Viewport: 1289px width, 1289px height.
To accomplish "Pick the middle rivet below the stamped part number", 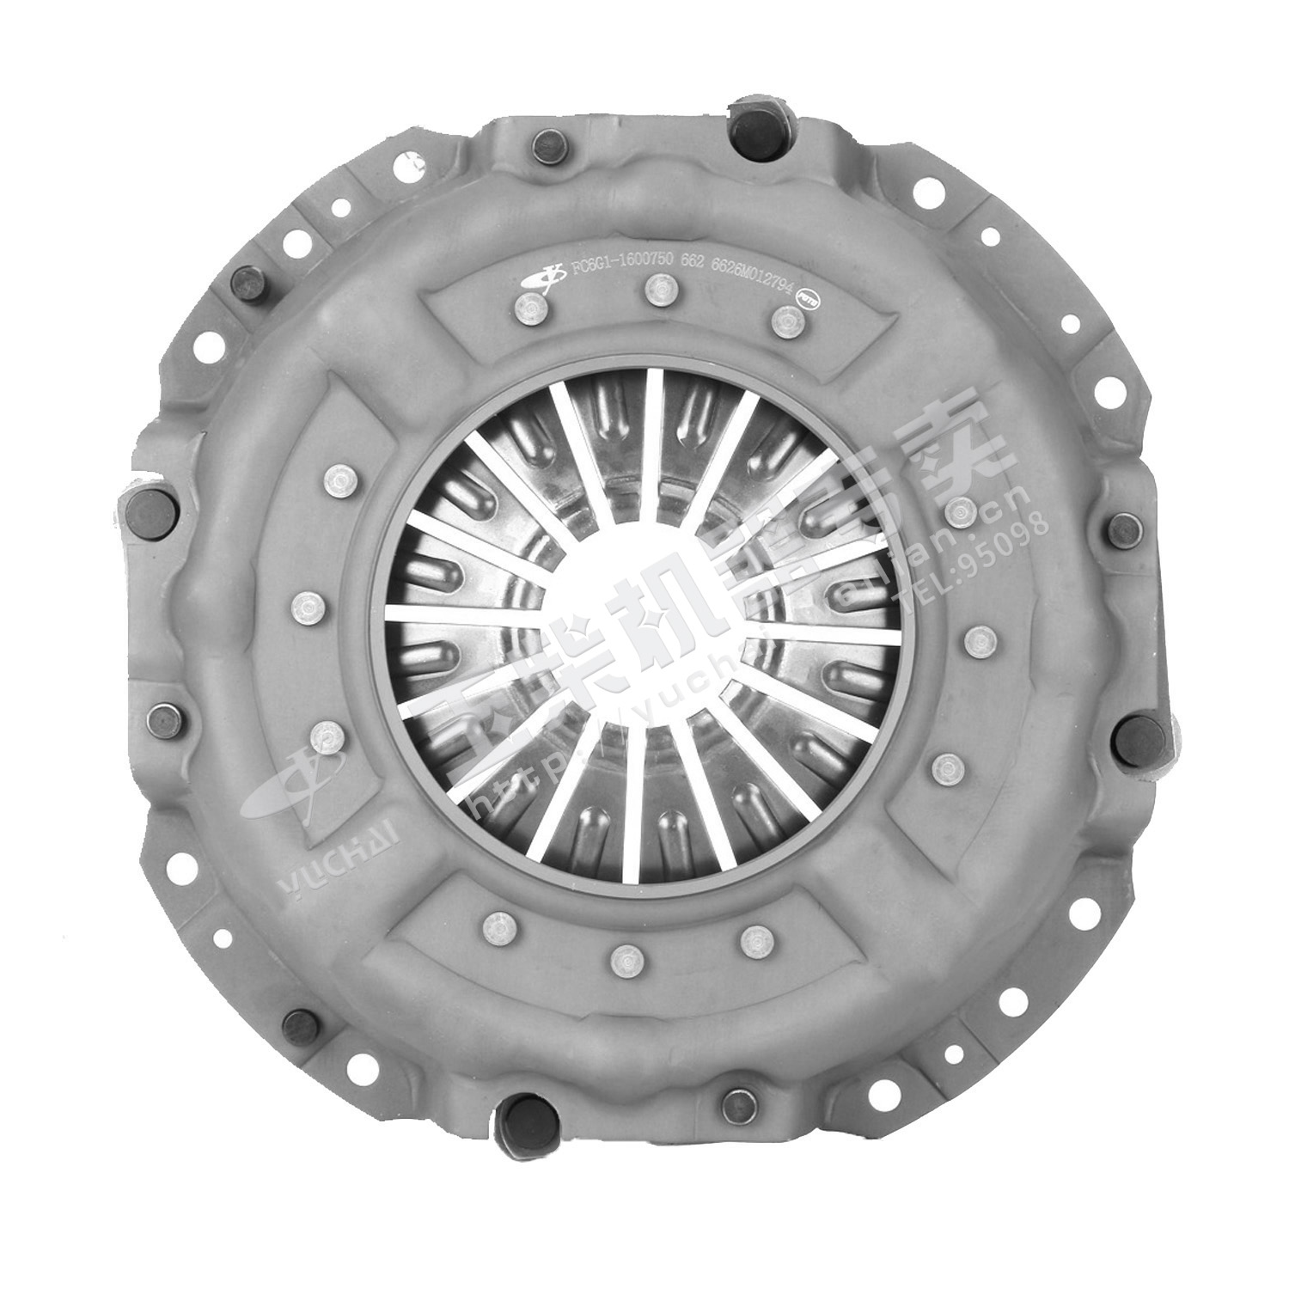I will [x=658, y=290].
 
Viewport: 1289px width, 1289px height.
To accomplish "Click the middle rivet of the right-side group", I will [x=979, y=638].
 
